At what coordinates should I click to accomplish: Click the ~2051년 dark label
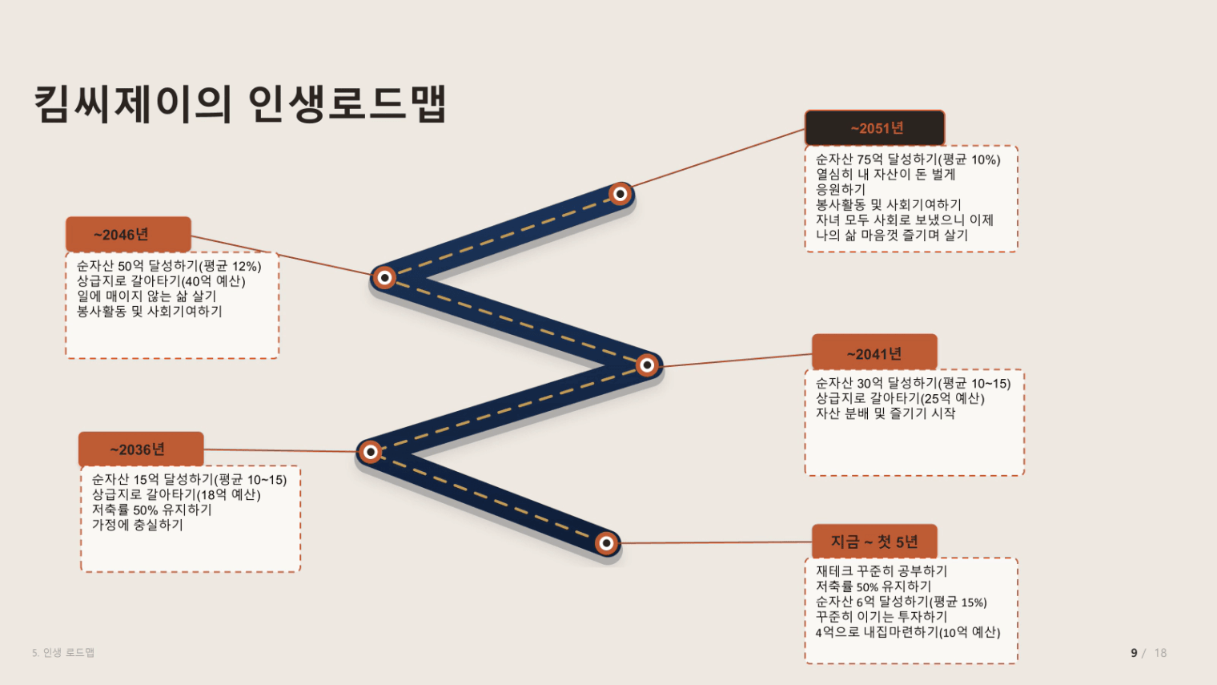click(x=874, y=128)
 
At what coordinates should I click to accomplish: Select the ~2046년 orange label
click(x=128, y=234)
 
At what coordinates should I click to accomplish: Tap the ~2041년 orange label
click(x=874, y=353)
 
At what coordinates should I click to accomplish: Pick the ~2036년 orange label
click(x=141, y=449)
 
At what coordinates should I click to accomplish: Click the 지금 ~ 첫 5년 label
click(x=874, y=542)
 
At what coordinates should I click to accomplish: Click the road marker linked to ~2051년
click(x=621, y=194)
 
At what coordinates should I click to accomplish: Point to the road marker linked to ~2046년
click(x=384, y=278)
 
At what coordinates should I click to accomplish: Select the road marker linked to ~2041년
click(x=647, y=365)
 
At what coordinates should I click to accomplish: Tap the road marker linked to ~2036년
click(x=371, y=452)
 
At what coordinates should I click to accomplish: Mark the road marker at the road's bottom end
click(x=607, y=542)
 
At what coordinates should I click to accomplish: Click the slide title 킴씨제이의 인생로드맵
click(x=240, y=103)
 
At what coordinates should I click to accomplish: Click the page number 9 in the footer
click(x=1134, y=652)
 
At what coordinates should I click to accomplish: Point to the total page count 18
click(x=1160, y=652)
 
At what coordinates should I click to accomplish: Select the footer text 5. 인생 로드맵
click(x=63, y=652)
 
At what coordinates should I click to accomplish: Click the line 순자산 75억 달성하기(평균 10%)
click(x=908, y=159)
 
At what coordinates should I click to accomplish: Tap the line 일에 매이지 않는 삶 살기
click(x=147, y=296)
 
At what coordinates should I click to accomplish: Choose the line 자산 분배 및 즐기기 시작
click(x=886, y=413)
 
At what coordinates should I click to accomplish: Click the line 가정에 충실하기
click(x=138, y=525)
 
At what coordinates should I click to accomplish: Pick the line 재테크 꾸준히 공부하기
click(x=882, y=570)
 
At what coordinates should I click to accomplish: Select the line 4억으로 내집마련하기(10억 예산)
click(x=908, y=632)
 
